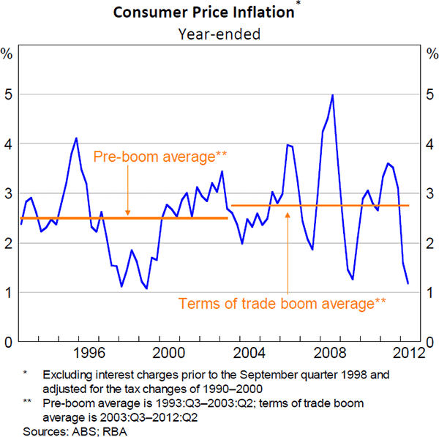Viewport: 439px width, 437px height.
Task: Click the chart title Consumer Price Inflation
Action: [219, 12]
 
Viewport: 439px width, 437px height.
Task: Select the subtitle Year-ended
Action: [219, 33]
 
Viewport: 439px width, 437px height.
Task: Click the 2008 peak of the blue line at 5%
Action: [333, 95]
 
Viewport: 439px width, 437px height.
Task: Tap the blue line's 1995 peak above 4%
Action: [76, 138]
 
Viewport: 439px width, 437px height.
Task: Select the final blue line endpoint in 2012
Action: [408, 283]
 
